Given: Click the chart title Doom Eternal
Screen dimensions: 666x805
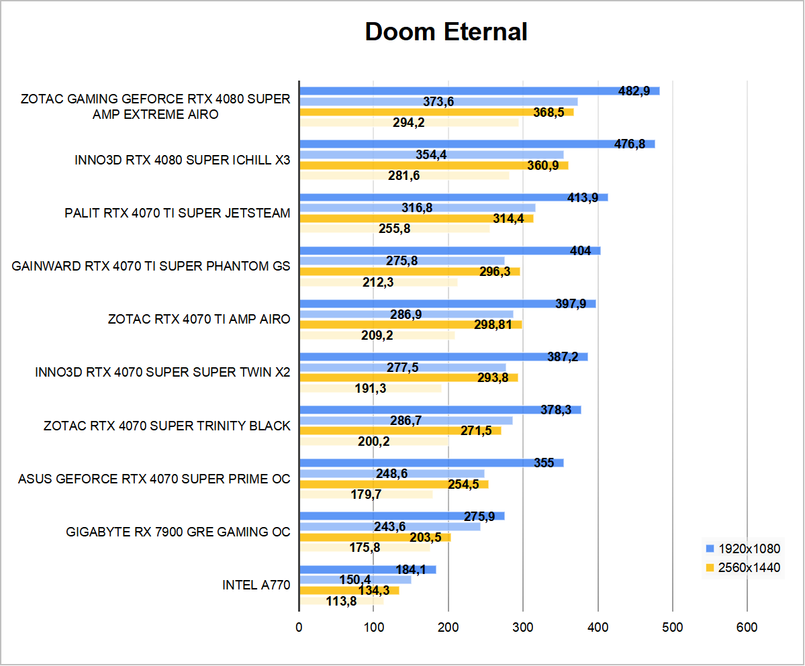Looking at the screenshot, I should (x=446, y=32).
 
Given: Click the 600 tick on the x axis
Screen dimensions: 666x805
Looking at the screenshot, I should (x=747, y=627).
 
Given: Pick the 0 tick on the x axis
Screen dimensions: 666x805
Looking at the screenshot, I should (x=299, y=627).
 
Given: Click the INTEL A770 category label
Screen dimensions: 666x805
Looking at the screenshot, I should (x=256, y=585).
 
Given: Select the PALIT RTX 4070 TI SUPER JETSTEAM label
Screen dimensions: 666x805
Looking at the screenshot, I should (x=177, y=213).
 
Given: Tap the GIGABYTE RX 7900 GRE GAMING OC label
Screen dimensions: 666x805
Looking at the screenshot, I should (x=178, y=532).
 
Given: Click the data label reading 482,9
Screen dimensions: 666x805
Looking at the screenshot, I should (x=634, y=91).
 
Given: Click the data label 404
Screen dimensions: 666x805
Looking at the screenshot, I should (x=580, y=251).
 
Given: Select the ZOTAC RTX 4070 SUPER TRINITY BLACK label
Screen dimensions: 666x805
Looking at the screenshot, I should (x=167, y=426).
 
